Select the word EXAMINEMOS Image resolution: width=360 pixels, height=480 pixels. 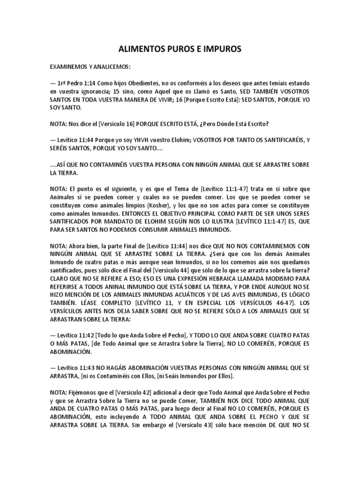69,67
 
